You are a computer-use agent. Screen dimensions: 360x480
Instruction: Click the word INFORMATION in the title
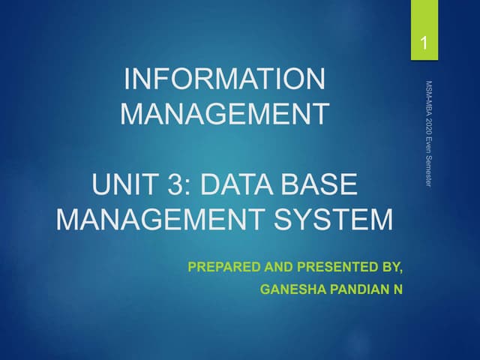point(223,78)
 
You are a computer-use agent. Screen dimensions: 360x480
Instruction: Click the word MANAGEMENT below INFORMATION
point(223,115)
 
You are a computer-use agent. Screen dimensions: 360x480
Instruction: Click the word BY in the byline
point(383,266)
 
